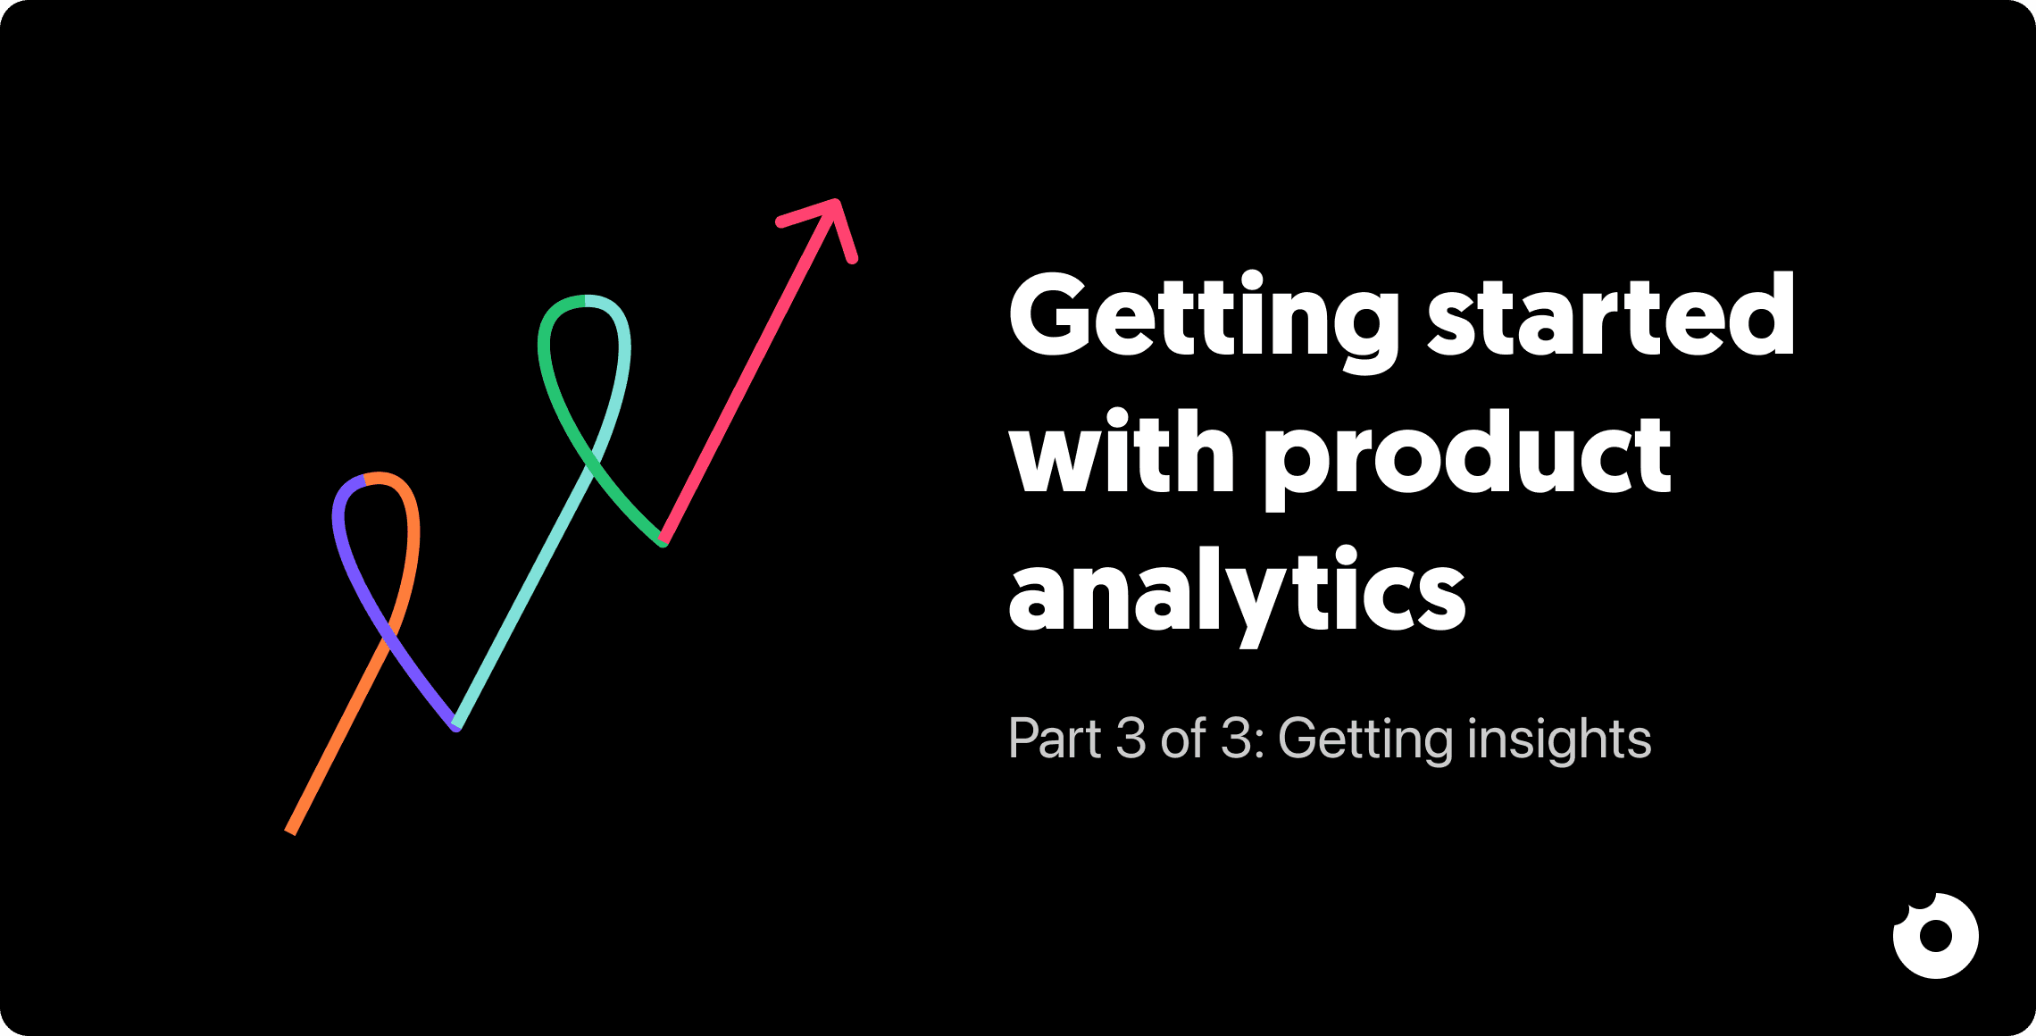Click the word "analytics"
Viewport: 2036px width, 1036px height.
(1237, 594)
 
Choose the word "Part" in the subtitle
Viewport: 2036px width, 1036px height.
(1055, 739)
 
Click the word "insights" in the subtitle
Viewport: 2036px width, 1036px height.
(1559, 740)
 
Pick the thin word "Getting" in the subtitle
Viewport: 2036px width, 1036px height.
(1366, 740)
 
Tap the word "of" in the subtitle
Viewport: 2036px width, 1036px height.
(1183, 739)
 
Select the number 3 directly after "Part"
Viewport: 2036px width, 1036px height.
(1131, 739)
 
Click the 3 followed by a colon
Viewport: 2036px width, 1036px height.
(1236, 739)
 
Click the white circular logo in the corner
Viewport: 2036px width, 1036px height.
(1935, 935)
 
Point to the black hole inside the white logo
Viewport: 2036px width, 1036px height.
(1936, 937)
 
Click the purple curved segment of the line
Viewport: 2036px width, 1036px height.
(357, 581)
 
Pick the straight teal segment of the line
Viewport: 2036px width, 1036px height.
(527, 589)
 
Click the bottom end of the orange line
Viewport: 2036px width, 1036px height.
(291, 830)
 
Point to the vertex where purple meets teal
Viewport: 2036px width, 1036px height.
(456, 725)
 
